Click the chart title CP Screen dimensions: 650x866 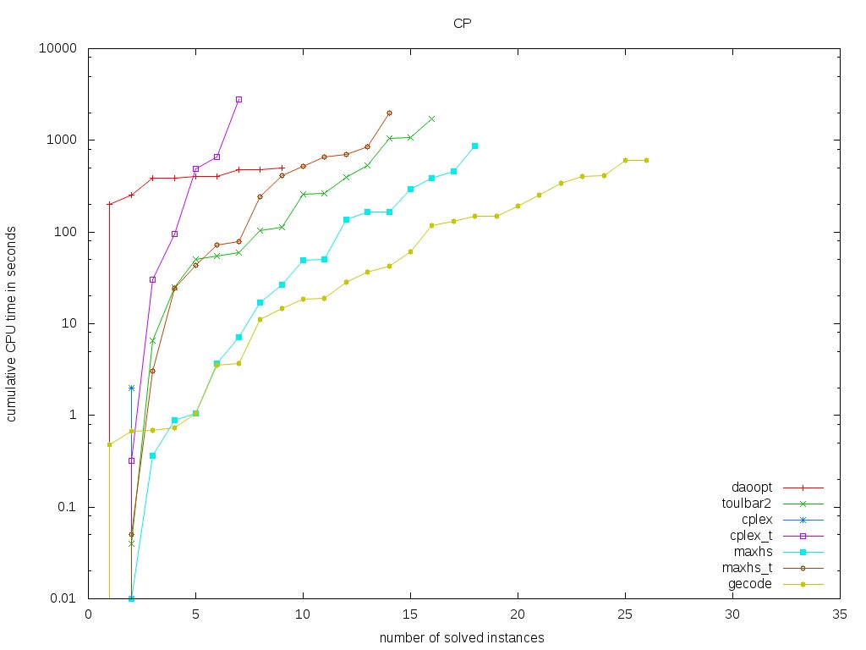coord(462,23)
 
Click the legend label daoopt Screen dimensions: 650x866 coord(752,488)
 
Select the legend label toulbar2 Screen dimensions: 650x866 coord(748,503)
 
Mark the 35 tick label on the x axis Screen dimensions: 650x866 coord(839,615)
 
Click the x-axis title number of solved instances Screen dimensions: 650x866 coord(461,636)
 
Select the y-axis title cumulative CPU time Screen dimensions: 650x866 coord(12,323)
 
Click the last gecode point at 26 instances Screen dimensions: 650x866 coord(646,160)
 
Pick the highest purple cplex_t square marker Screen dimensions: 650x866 coord(238,99)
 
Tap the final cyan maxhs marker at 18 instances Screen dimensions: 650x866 coord(474,146)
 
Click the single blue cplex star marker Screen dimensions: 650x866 coord(131,388)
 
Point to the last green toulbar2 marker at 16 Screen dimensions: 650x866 coord(432,118)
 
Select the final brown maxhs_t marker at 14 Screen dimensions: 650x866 coord(389,113)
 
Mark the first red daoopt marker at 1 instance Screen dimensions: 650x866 coord(110,204)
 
